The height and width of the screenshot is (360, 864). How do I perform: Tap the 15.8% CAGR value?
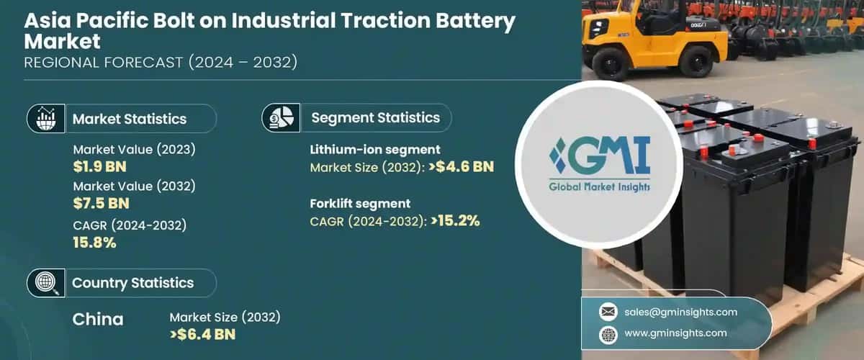point(95,243)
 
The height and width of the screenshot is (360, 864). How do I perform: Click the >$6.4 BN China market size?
point(203,334)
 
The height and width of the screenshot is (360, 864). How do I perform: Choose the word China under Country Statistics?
point(98,319)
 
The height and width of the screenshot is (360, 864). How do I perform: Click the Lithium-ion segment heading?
point(375,150)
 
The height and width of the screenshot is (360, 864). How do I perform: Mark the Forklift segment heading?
point(360,203)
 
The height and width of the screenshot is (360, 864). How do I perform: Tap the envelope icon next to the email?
point(608,312)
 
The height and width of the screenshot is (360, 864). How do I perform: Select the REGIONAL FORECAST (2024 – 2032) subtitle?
point(160,63)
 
